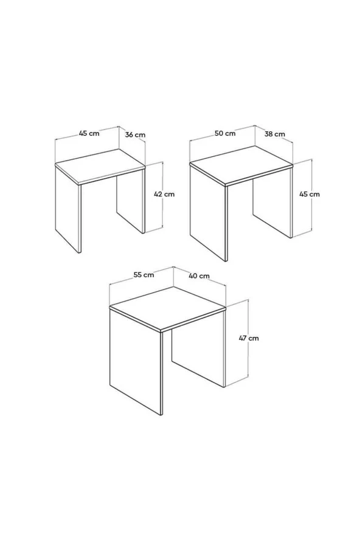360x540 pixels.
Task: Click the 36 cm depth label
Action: [135, 134]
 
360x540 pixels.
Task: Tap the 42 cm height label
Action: [164, 194]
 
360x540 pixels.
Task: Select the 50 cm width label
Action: [225, 133]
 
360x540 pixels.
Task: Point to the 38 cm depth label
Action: [275, 134]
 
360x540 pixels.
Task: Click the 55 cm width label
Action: [144, 275]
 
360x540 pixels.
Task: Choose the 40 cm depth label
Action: [199, 276]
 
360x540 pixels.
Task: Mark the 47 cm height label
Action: [249, 338]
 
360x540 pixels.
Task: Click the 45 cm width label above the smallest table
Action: [89, 133]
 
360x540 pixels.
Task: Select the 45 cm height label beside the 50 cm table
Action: [310, 194]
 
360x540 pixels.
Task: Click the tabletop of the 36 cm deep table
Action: [100, 167]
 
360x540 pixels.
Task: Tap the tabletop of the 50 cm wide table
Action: [241, 165]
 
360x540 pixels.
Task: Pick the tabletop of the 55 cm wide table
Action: [167, 309]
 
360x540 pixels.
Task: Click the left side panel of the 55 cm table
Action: [136, 361]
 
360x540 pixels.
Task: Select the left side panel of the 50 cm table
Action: [209, 212]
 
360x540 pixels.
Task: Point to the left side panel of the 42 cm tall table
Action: [68, 209]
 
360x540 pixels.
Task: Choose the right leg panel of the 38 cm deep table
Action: [272, 204]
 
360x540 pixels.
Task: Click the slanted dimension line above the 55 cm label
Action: [141, 275]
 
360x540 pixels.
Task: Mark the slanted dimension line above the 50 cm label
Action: [222, 133]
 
